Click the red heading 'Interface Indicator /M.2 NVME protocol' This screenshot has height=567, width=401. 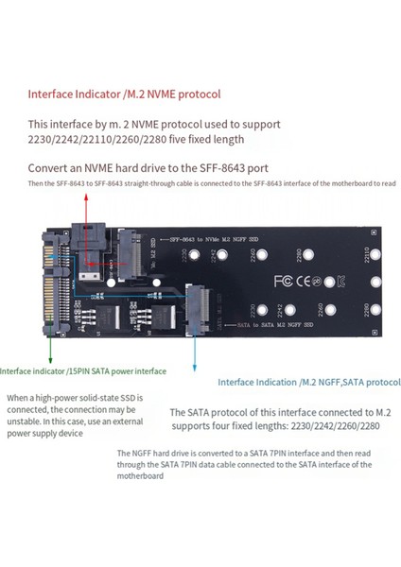tap(124, 94)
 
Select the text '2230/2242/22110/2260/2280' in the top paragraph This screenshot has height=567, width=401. tap(100, 139)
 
